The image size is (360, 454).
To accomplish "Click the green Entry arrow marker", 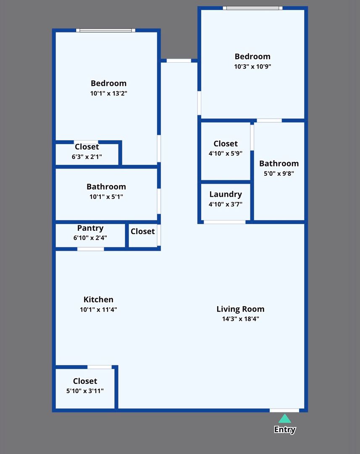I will (x=285, y=419).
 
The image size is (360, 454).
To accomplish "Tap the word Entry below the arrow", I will (x=285, y=430).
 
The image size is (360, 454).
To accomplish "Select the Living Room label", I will (x=240, y=309).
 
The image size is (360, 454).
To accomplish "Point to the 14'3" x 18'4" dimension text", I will (x=240, y=319).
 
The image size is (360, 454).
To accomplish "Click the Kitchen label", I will (x=98, y=299).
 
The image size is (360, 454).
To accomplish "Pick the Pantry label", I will (x=90, y=228).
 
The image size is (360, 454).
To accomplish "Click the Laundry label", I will (x=226, y=194).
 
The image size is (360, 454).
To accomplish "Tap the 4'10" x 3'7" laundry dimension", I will (x=226, y=204).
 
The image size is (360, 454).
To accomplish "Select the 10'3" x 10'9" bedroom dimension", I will (x=252, y=66).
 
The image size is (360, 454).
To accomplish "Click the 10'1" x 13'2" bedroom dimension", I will (x=108, y=93).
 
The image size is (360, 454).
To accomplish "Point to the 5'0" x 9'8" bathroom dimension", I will (x=279, y=173).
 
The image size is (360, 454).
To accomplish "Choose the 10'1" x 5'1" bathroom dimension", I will (x=106, y=196).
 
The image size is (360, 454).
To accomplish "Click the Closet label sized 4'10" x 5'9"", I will (x=226, y=144).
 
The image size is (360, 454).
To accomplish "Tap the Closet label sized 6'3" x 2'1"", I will (x=87, y=147).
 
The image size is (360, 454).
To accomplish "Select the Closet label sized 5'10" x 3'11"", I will (x=85, y=381).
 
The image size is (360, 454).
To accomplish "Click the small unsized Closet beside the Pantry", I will (x=142, y=231).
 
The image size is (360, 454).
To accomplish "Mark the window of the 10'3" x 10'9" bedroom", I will (x=252, y=8).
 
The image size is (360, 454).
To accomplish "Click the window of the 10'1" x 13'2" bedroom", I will (x=106, y=30).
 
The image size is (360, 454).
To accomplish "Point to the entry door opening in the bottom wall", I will (x=284, y=410).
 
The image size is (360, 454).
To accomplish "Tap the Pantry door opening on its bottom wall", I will (x=90, y=249).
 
